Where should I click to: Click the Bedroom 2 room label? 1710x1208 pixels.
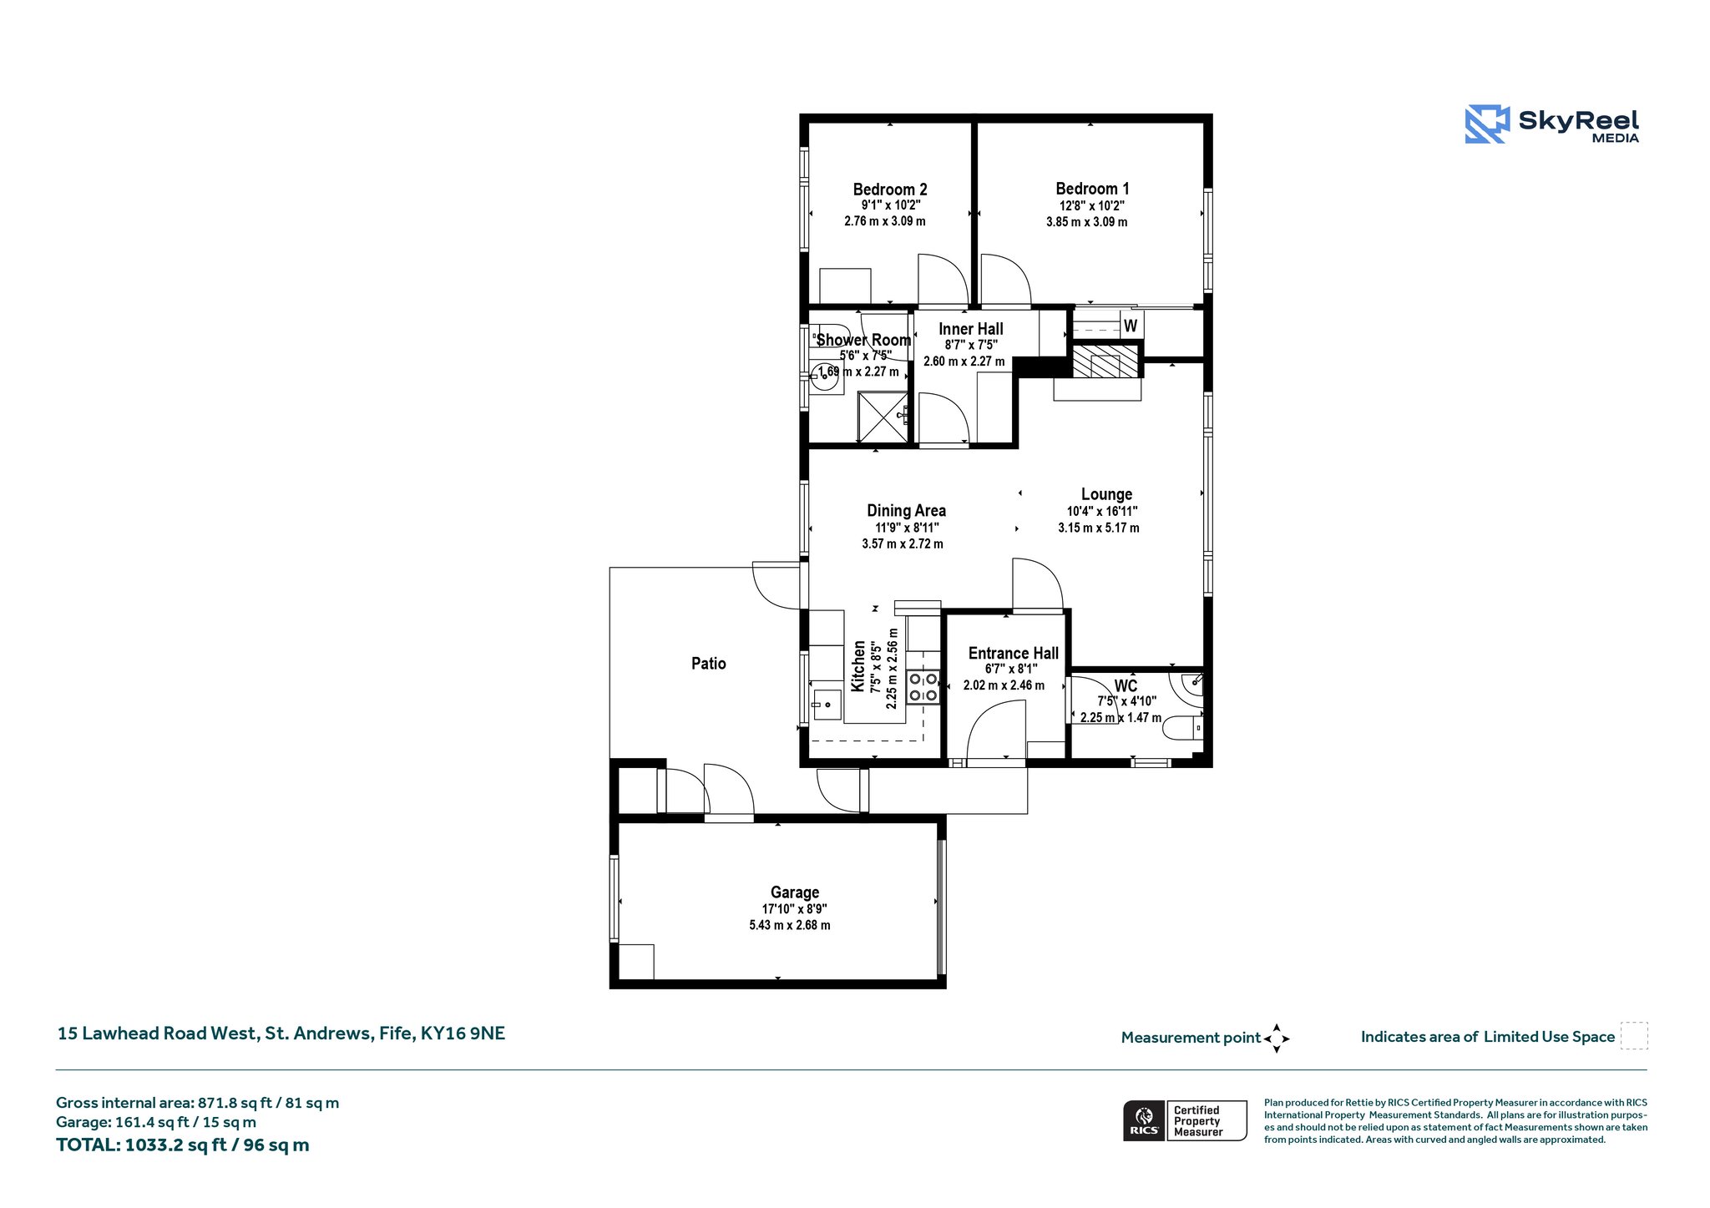coord(890,190)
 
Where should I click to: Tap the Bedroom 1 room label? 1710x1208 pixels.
coord(1092,189)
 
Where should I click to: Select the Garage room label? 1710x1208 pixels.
coord(795,892)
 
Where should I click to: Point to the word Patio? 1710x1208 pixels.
coord(709,664)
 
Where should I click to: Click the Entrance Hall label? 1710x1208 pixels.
coord(1014,654)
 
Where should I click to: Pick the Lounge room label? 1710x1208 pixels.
coord(1107,494)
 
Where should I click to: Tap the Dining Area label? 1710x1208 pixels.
coord(907,511)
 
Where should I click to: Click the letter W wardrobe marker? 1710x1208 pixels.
coord(1131,326)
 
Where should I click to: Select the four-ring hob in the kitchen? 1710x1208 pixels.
coord(923,687)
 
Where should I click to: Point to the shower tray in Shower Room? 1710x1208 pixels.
coord(883,417)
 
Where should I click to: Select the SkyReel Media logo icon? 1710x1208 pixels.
coord(1487,124)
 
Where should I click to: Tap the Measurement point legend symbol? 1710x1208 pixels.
coord(1277,1039)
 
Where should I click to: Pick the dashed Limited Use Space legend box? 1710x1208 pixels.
coord(1634,1036)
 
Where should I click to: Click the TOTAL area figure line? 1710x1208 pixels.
coord(183,1145)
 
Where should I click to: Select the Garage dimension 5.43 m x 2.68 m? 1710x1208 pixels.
coord(790,925)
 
